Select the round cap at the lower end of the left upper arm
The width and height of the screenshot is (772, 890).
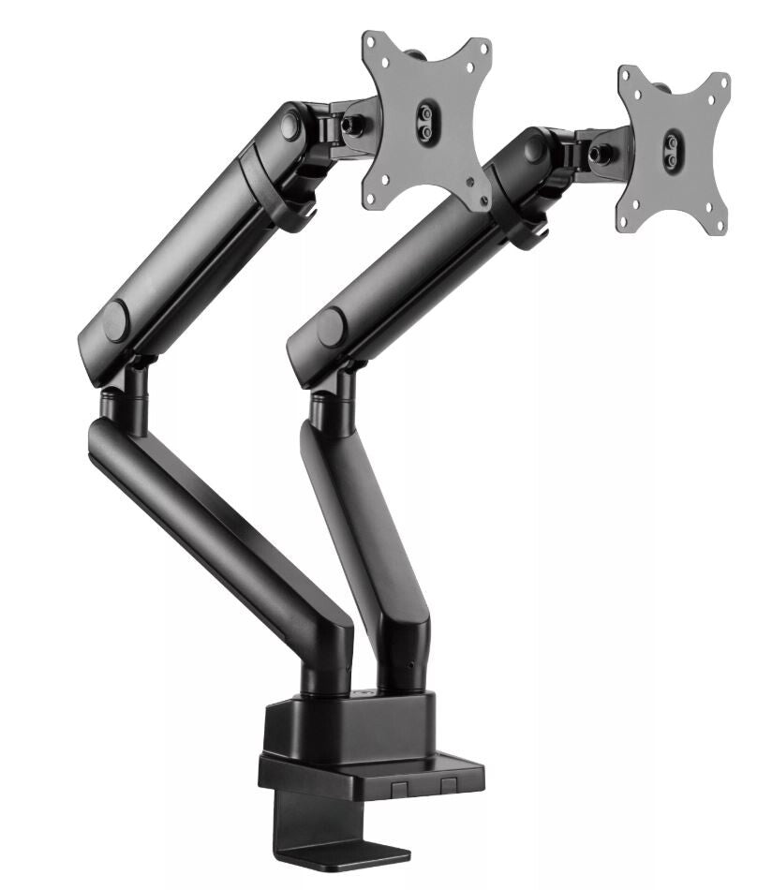tap(116, 322)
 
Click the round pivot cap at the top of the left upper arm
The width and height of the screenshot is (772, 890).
tap(290, 125)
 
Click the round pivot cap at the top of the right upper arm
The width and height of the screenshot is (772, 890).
tap(536, 148)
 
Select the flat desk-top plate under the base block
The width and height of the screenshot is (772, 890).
tap(375, 774)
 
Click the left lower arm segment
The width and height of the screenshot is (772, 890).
tap(215, 534)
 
